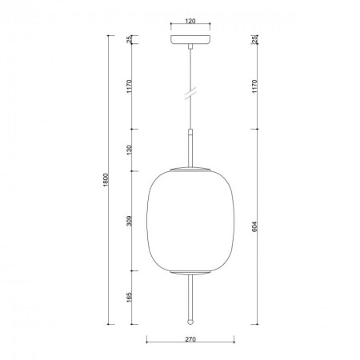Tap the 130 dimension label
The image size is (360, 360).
click(x=130, y=150)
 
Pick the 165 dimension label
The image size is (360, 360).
click(x=130, y=297)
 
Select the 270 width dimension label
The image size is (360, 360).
click(x=190, y=339)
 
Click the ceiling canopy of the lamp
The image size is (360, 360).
click(x=190, y=39)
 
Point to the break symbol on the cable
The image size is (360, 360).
click(x=190, y=94)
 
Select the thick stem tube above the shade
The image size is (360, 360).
click(x=190, y=148)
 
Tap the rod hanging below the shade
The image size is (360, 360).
click(x=190, y=296)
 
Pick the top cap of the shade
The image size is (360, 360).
click(x=190, y=170)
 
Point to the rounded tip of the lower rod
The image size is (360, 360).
click(x=190, y=320)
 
